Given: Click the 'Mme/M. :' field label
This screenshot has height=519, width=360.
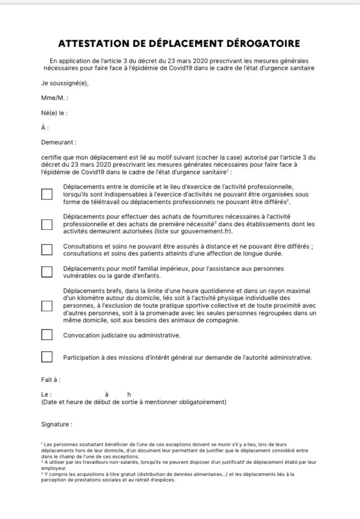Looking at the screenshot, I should pos(55,98).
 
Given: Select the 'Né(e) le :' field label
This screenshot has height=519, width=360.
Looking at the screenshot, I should pos(54,113).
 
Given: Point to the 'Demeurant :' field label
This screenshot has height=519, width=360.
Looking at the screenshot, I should pos(59,143).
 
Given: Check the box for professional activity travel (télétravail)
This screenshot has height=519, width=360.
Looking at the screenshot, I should pos(47,194).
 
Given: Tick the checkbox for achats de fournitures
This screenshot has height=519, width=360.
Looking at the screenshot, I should pos(47,224).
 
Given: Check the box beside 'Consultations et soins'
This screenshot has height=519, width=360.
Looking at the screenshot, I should pos(47,250).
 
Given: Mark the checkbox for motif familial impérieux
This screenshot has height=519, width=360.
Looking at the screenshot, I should pos(47,272).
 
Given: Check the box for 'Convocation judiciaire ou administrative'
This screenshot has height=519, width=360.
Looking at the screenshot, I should pos(47,335).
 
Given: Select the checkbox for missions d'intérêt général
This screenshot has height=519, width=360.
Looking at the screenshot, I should pos(47,357).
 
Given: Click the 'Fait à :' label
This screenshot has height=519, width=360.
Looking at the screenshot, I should pos(51,380).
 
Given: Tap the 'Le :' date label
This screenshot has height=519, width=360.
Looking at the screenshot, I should pos(46,394).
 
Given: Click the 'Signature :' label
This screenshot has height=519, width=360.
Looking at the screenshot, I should pos(57,424).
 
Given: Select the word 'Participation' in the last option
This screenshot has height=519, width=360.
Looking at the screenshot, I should pos(83,357).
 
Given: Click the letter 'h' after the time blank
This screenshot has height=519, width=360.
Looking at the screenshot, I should pos(129,394).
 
